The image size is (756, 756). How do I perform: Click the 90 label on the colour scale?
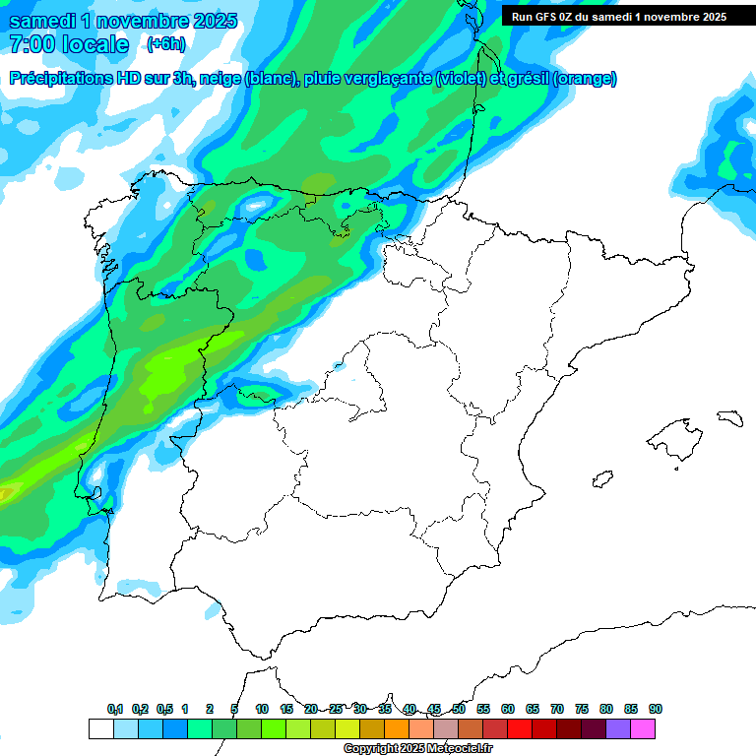point(656,709)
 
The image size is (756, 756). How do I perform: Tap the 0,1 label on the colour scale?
point(115,709)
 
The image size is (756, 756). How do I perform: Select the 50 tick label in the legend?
point(459,709)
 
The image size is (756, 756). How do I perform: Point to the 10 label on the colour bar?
point(262,709)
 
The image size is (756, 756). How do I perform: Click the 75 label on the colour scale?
point(582,709)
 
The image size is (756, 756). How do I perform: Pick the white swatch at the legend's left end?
point(100,728)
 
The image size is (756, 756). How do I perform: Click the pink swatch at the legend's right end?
point(643,728)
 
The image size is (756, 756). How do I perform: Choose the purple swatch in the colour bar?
point(618,728)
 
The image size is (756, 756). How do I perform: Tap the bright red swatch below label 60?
point(520,728)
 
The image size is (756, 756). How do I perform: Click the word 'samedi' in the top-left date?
point(43,21)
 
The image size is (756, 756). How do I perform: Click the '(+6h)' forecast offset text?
point(165,44)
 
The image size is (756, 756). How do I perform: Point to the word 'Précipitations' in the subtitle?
point(60,79)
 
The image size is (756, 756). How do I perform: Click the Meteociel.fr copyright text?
point(417,749)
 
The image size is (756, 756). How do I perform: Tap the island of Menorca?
point(729,417)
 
